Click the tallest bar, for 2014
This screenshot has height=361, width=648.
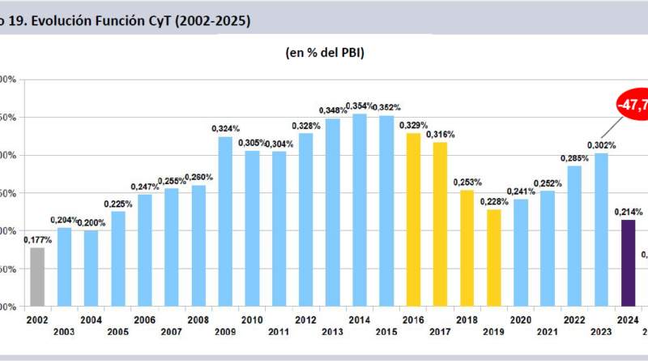click(359, 210)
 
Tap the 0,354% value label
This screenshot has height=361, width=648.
click(360, 106)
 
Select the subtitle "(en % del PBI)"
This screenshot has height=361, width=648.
click(323, 53)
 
